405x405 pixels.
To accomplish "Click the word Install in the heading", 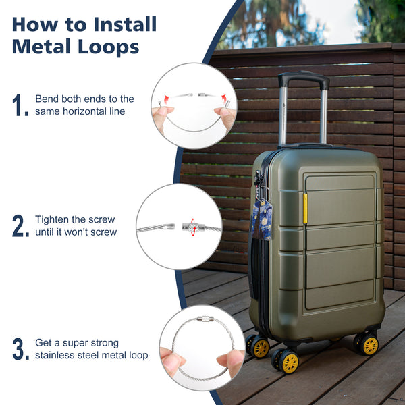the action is click(x=125, y=24).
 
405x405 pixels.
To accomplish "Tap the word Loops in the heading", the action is click(x=108, y=47).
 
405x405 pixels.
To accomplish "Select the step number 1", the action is click(x=20, y=105).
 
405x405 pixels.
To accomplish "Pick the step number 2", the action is click(x=20, y=225).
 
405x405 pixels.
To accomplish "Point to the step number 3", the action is click(x=20, y=349).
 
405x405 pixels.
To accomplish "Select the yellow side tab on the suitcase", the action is click(x=305, y=208).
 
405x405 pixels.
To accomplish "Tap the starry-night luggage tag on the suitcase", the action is click(x=262, y=219).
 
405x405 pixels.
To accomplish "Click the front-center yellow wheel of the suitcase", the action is click(x=290, y=362).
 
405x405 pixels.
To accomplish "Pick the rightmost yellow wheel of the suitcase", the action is click(x=370, y=345).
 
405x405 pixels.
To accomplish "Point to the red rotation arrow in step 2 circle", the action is click(x=193, y=227).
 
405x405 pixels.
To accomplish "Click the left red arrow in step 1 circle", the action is click(x=166, y=99).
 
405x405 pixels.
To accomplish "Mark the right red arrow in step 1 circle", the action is click(x=224, y=99).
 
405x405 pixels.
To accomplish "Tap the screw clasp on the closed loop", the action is click(x=205, y=319).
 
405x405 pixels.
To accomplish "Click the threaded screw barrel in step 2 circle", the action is click(x=190, y=227).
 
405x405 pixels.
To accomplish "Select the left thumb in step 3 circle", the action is click(x=171, y=360).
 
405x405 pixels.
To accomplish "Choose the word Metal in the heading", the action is click(x=41, y=47).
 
